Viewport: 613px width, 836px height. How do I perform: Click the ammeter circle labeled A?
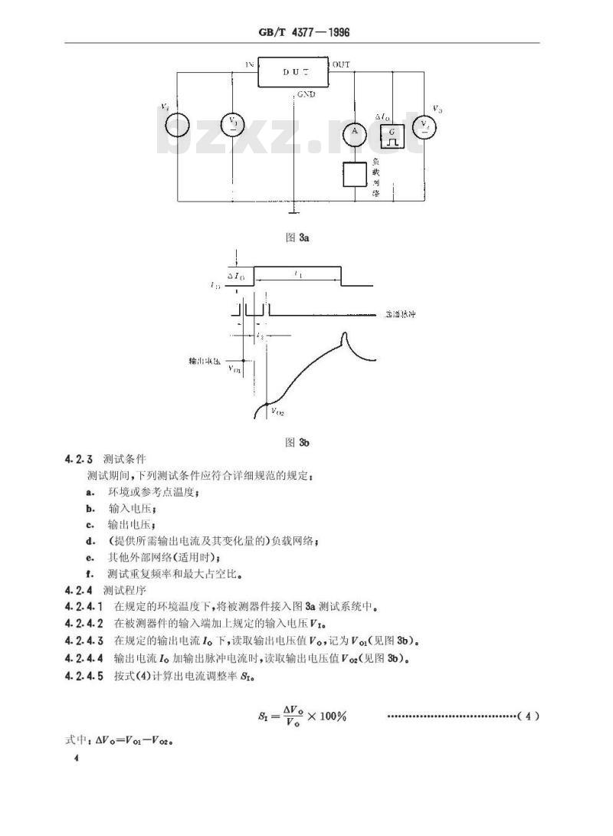tap(355, 133)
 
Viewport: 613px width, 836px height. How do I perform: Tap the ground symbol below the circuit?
tap(291, 208)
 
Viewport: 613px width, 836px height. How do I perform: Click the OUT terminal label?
tap(342, 65)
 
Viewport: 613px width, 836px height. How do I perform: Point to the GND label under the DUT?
tap(306, 95)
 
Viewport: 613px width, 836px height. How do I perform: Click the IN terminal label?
tap(249, 65)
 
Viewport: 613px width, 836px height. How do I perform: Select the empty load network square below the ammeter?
tap(355, 175)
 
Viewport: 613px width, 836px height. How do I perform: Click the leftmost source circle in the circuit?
tap(177, 124)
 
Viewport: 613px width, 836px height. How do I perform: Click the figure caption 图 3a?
tap(297, 238)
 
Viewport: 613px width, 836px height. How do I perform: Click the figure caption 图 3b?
tap(297, 442)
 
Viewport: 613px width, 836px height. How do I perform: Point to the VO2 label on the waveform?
tap(277, 411)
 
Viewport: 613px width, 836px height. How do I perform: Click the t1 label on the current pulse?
tap(297, 274)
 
